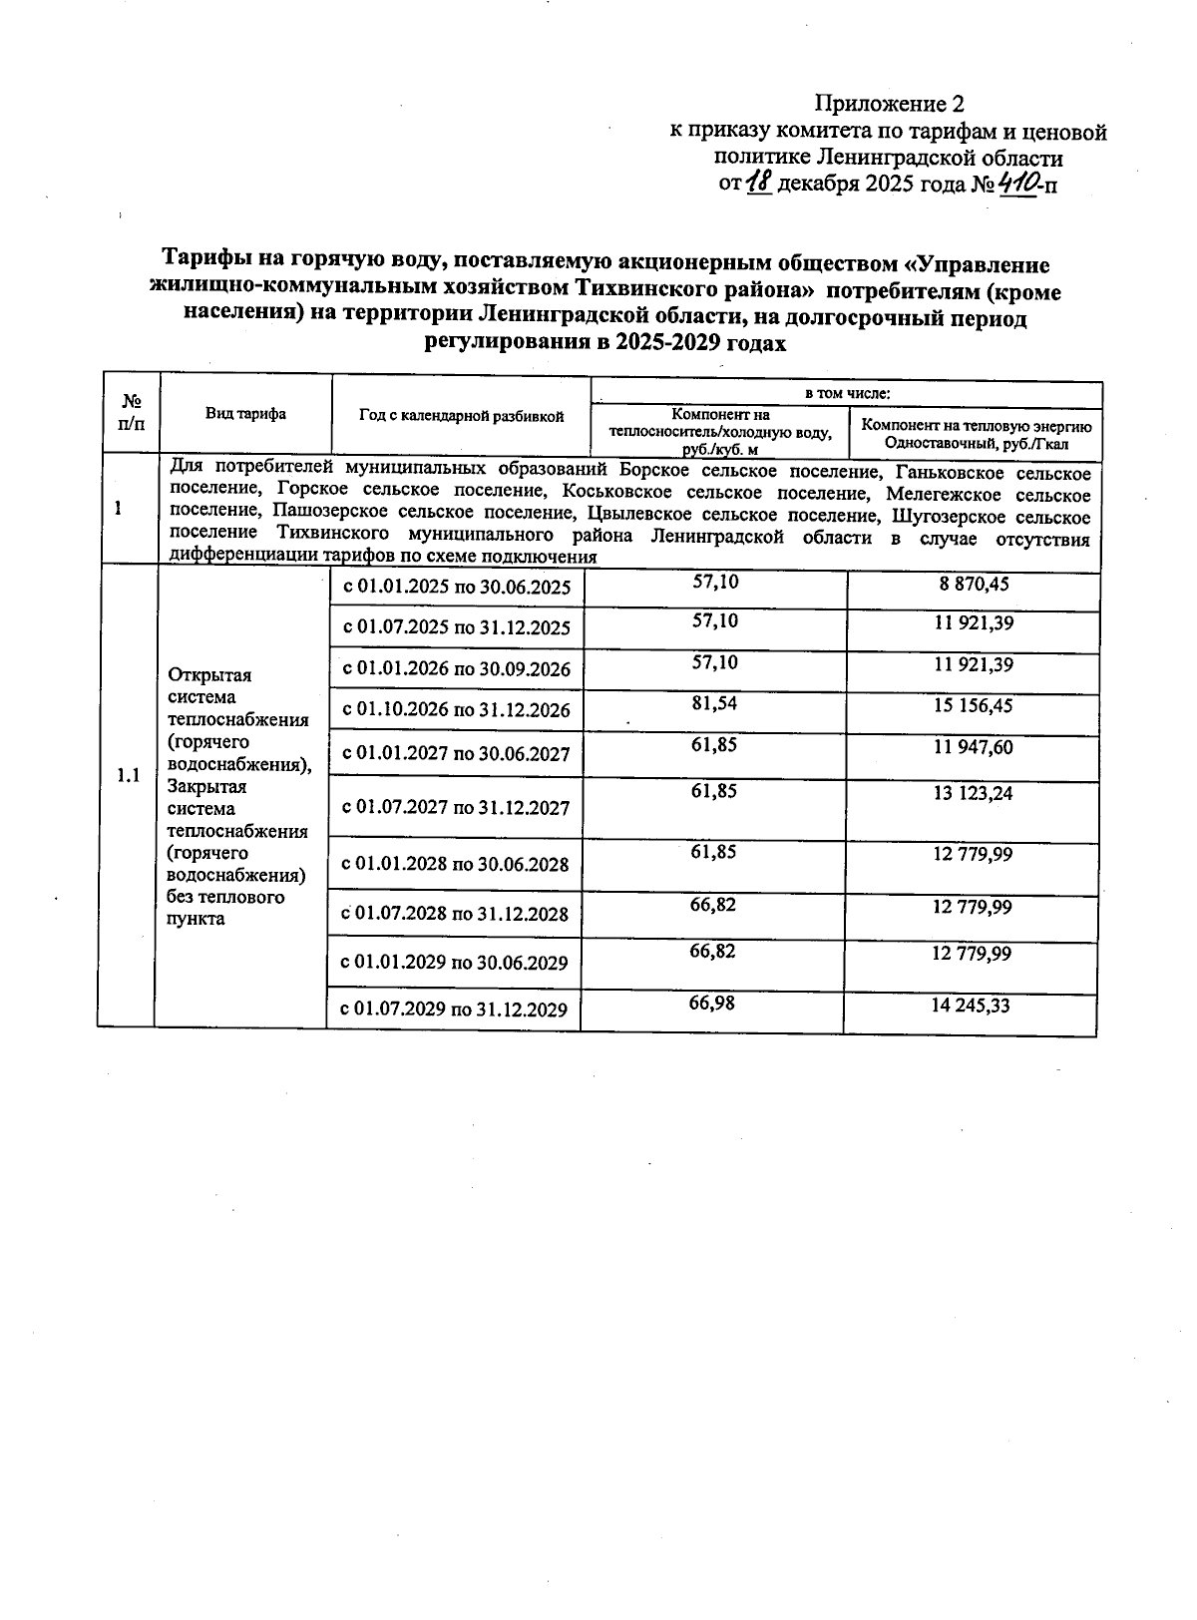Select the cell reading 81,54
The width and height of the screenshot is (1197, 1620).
click(x=714, y=703)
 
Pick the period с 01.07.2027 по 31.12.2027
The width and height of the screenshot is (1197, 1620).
click(x=456, y=808)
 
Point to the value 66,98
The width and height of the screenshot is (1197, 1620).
click(x=712, y=1003)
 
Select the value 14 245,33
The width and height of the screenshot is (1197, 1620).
click(x=971, y=1006)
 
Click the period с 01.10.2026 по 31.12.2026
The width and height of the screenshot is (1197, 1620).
click(x=456, y=711)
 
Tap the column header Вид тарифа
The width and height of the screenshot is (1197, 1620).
click(x=245, y=415)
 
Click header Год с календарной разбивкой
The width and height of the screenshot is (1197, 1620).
click(x=461, y=416)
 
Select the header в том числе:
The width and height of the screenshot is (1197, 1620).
click(x=847, y=395)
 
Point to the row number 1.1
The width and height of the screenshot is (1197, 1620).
click(x=128, y=776)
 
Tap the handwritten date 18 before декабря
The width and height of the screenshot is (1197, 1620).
click(x=760, y=184)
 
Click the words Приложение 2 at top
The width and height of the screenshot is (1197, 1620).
click(x=890, y=104)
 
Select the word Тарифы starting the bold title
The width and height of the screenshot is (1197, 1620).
click(x=209, y=264)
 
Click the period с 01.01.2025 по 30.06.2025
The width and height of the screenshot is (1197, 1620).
click(x=457, y=588)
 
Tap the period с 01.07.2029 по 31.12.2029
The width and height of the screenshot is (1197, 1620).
click(x=454, y=1010)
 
